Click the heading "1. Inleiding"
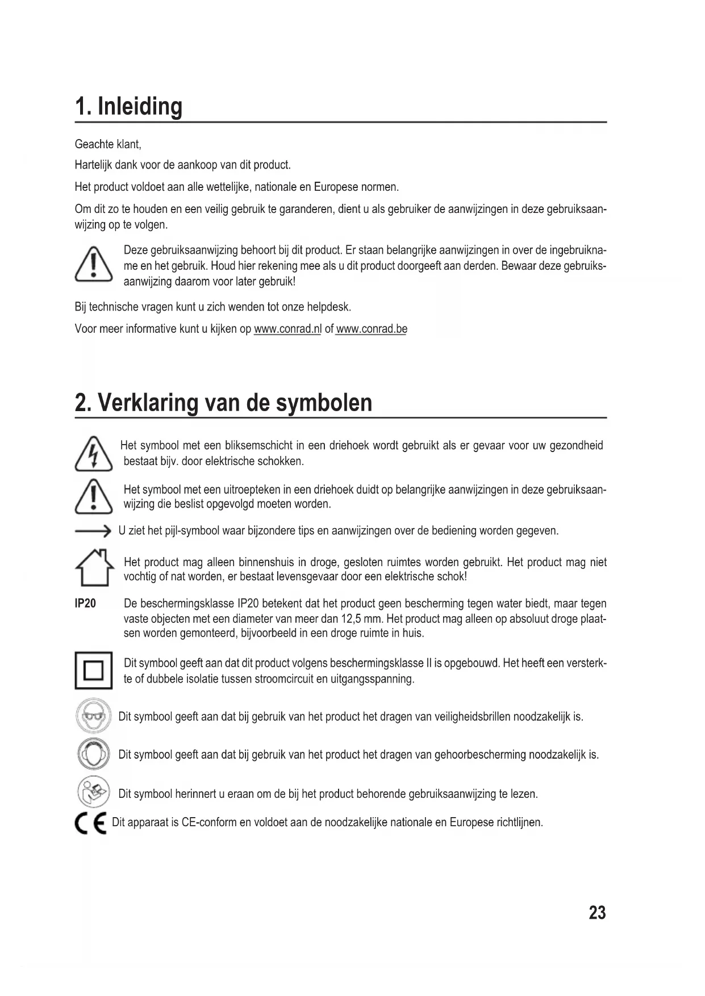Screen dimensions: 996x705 point(128,106)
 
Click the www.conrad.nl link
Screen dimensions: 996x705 point(287,329)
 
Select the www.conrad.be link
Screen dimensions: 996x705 point(372,329)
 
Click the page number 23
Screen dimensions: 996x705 point(597,913)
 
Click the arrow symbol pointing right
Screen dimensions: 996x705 point(93,532)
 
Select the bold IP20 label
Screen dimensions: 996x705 point(86,603)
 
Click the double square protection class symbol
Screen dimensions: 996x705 point(93,671)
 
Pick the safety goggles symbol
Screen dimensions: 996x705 point(91,716)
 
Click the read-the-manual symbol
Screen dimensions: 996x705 point(93,792)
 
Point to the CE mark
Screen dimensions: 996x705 point(91,822)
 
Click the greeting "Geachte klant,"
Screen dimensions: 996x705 point(108,144)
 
